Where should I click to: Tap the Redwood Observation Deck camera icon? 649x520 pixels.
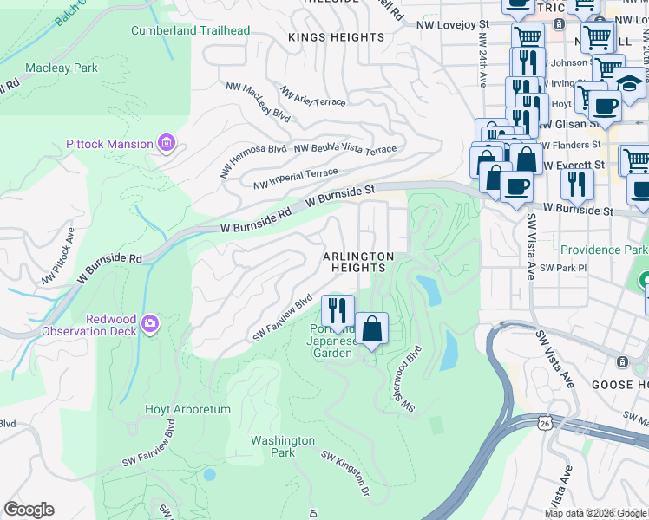(151, 323)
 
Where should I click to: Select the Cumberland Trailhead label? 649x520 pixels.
(190, 30)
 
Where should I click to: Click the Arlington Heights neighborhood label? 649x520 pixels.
(358, 263)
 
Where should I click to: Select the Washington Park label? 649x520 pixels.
(283, 446)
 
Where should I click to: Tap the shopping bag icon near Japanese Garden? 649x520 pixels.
(371, 329)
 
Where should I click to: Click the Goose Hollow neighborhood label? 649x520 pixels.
(617, 384)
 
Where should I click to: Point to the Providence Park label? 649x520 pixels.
(603, 250)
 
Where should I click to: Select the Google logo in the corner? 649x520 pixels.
(29, 510)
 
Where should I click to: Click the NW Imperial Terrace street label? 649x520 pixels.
(295, 179)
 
